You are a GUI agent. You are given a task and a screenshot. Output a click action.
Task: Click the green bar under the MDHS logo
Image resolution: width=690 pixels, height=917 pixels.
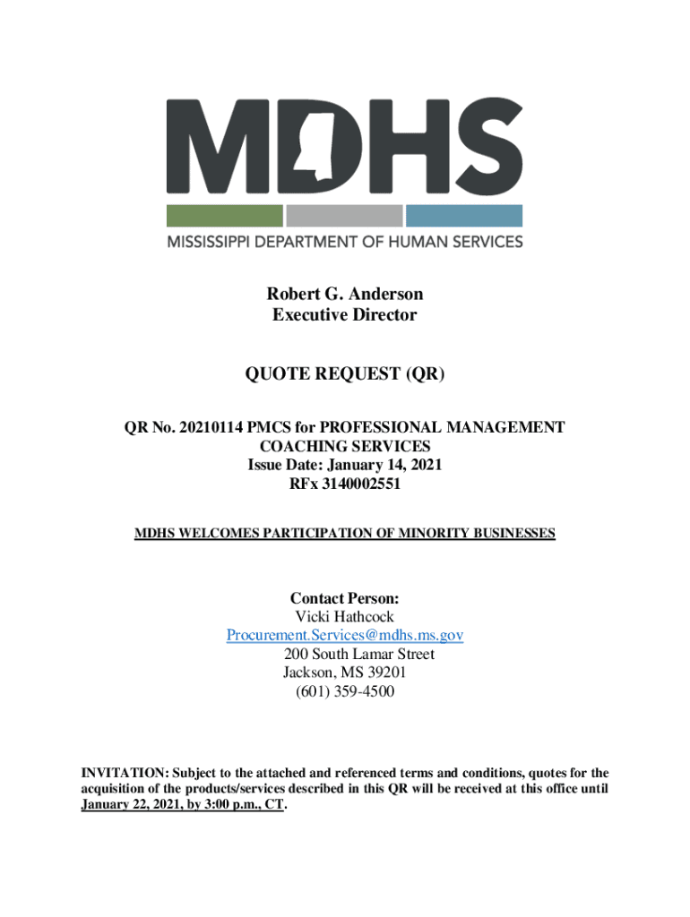click(224, 216)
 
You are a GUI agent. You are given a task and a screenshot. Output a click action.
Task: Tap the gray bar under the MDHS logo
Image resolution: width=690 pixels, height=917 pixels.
click(344, 216)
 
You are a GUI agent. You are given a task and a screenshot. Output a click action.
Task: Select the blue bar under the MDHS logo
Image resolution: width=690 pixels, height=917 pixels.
click(463, 216)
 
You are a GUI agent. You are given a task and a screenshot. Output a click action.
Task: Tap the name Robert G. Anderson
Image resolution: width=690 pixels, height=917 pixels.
click(344, 295)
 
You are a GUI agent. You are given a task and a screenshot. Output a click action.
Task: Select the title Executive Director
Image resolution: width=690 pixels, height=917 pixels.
click(344, 315)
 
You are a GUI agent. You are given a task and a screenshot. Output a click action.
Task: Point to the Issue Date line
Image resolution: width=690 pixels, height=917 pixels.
click(344, 466)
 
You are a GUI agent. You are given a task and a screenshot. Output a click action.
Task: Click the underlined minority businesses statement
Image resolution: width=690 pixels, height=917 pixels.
click(344, 534)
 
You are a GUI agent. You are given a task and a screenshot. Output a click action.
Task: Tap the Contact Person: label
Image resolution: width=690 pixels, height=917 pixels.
click(344, 598)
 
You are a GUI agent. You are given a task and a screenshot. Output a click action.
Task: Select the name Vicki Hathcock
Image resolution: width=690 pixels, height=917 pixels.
click(344, 617)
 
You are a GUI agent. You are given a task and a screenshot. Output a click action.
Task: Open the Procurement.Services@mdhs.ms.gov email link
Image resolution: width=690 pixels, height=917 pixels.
click(344, 636)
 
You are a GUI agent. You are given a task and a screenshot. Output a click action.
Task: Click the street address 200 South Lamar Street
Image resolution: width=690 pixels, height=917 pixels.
click(358, 655)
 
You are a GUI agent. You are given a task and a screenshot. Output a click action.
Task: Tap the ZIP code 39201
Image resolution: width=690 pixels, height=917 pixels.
click(391, 673)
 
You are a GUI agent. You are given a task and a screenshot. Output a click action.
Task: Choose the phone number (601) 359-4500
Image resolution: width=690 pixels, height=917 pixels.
click(344, 692)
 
